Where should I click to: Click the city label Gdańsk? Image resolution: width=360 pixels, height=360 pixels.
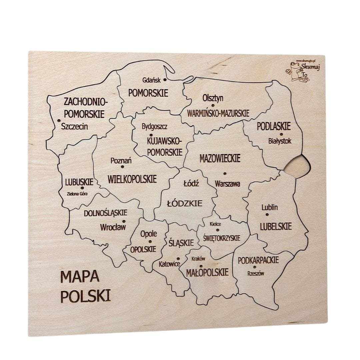pyautogui.click(x=151, y=80)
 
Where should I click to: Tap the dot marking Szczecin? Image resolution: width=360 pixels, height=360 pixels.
pyautogui.click(x=59, y=121)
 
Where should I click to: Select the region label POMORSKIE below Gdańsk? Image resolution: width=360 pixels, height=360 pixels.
pyautogui.click(x=148, y=93)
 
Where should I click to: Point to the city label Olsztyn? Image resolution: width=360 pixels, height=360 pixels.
pyautogui.click(x=213, y=98)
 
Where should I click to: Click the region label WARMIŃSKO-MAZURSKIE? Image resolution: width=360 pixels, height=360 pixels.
pyautogui.click(x=218, y=113)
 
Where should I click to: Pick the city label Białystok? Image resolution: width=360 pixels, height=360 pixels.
pyautogui.click(x=280, y=141)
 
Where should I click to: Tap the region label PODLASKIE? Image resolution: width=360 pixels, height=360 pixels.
pyautogui.click(x=274, y=126)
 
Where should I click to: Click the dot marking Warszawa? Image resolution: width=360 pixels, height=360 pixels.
pyautogui.click(x=224, y=173)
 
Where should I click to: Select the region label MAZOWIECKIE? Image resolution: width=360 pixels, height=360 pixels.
pyautogui.click(x=220, y=158)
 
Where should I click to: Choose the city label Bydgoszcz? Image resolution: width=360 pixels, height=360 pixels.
pyautogui.click(x=155, y=127)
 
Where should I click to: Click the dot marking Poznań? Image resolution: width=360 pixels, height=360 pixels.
pyautogui.click(x=122, y=167)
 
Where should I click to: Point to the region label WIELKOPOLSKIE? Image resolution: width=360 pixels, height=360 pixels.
pyautogui.click(x=132, y=179)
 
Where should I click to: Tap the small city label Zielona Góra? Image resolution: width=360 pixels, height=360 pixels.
pyautogui.click(x=77, y=194)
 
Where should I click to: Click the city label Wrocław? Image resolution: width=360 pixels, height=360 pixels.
pyautogui.click(x=113, y=228)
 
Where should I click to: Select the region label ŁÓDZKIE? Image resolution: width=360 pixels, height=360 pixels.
pyautogui.click(x=185, y=203)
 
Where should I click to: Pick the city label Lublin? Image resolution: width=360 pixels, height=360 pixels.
pyautogui.click(x=269, y=207)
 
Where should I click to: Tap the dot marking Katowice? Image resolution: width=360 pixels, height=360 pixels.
pyautogui.click(x=178, y=258)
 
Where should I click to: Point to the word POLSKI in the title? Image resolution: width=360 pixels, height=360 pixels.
pyautogui.click(x=86, y=296)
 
